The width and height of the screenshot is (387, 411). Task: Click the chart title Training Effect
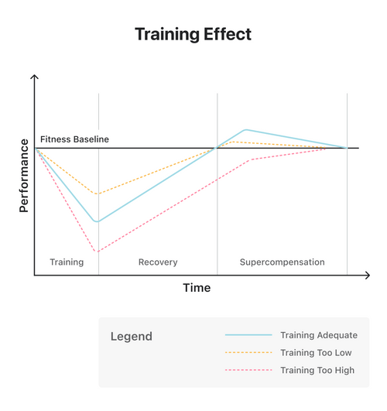coord(193,35)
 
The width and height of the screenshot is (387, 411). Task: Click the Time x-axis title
coord(197,288)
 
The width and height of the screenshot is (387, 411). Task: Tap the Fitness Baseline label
coord(74,139)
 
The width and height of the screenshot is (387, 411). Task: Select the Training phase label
coord(67,262)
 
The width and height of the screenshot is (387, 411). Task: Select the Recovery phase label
coord(158,262)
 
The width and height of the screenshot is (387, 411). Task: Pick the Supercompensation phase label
coord(283,262)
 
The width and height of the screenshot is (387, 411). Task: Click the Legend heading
coord(132,337)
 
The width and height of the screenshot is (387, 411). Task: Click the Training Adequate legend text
coord(318,335)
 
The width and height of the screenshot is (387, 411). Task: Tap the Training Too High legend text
coord(317,371)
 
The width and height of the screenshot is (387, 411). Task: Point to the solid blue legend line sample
coord(248,335)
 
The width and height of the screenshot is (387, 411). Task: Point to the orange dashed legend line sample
coord(248,353)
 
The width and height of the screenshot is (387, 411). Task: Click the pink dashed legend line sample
coord(248,371)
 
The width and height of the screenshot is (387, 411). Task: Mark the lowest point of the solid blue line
coord(96,221)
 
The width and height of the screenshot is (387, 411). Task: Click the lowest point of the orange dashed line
coord(96,194)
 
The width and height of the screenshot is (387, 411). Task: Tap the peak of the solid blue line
coord(245,130)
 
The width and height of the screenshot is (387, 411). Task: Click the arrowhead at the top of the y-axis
coord(34,77)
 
